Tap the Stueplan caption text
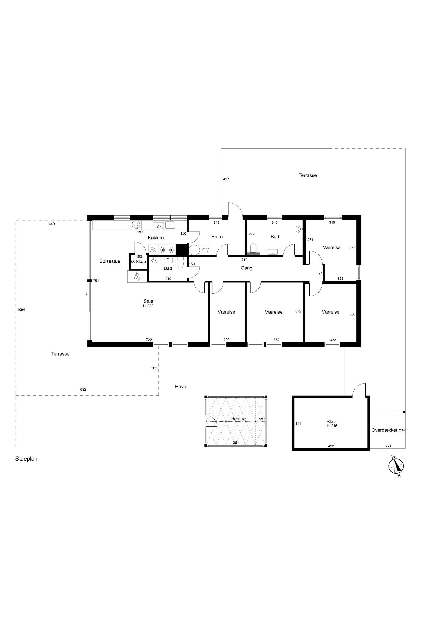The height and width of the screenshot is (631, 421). [26, 459]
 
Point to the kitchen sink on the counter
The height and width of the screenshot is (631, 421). [170, 225]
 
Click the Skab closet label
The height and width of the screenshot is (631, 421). [141, 262]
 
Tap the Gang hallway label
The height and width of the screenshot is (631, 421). [247, 268]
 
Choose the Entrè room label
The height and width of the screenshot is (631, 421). [217, 237]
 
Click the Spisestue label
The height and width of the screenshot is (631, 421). [110, 261]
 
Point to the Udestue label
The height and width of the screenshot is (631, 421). [237, 419]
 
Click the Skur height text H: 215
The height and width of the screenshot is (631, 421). [332, 426]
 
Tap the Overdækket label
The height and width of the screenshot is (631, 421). [384, 430]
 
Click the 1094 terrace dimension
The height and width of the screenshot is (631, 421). [21, 310]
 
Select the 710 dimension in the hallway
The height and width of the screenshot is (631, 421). [244, 260]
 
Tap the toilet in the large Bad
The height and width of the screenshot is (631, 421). [253, 249]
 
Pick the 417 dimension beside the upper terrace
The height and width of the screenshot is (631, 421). [226, 179]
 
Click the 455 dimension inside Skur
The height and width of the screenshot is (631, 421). [331, 446]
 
